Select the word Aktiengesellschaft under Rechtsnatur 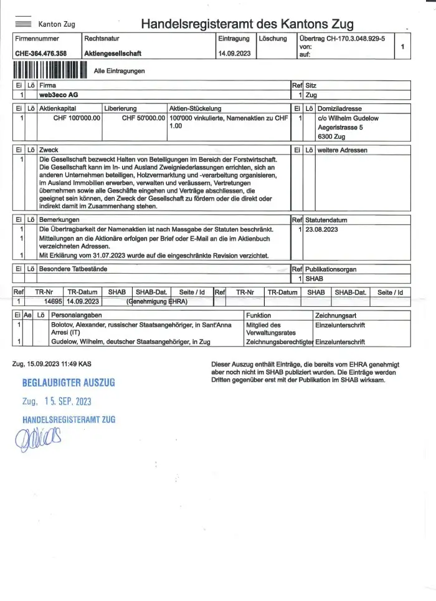(x=113, y=54)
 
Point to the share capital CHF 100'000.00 (x=77, y=118)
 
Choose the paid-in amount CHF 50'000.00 (x=143, y=118)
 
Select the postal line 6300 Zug (x=333, y=136)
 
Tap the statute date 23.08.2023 (x=323, y=229)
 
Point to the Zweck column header (x=49, y=150)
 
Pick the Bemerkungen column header (x=59, y=220)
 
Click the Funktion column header (x=259, y=316)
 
